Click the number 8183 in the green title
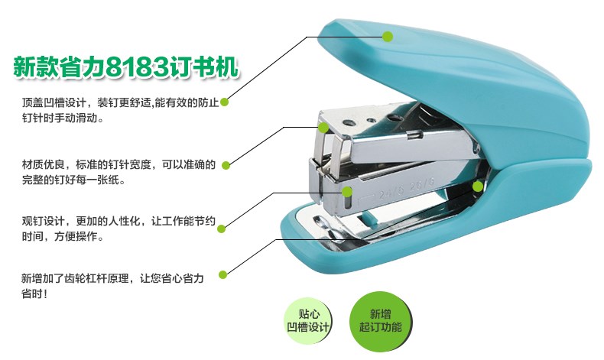[137, 67]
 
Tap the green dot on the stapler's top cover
[388, 37]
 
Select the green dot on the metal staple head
[323, 128]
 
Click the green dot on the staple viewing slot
[347, 192]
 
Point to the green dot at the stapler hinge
[478, 186]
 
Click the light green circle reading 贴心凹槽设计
[308, 321]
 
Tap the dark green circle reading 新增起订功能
[381, 321]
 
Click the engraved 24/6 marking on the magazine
[390, 193]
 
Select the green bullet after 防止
[224, 102]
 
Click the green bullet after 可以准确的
[226, 166]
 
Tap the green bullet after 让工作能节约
[221, 229]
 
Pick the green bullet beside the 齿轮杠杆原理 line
[222, 275]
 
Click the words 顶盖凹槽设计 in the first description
[54, 102]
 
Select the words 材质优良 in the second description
[43, 165]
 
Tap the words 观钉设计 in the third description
[43, 222]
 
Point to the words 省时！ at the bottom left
[34, 294]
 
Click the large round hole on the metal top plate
[349, 123]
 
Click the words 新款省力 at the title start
[59, 67]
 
